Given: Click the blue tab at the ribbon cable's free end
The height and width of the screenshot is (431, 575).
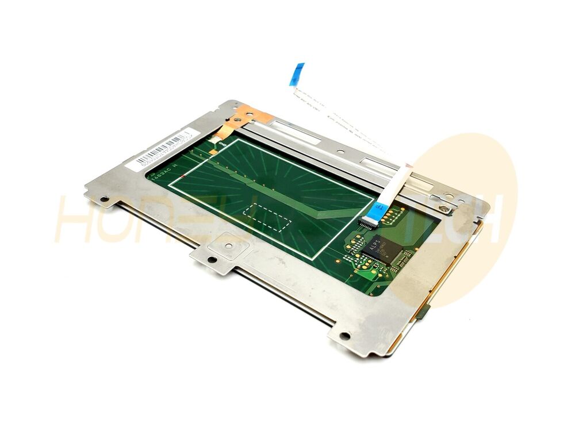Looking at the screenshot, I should tap(297, 74).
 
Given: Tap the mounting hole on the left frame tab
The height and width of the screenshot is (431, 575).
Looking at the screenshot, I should tap(104, 201).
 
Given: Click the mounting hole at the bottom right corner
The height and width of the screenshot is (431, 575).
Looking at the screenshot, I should tap(344, 336).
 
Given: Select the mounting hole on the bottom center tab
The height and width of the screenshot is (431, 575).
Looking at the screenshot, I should tap(212, 260).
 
